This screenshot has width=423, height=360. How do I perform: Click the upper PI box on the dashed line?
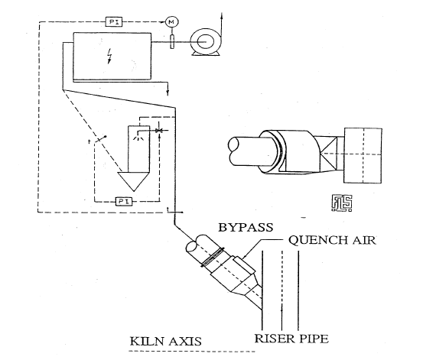point(114,21)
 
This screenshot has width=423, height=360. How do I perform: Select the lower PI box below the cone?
point(124,201)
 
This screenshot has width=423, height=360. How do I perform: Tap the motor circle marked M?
point(171,22)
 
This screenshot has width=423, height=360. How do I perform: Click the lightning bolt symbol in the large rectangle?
point(109,56)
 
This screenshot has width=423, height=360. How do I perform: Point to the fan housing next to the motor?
point(206,42)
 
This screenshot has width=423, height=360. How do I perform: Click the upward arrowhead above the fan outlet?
point(222,15)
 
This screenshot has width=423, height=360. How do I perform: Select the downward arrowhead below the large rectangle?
point(168,92)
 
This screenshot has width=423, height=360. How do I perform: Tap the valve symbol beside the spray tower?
point(158,131)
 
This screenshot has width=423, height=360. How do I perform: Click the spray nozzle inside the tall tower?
point(138,138)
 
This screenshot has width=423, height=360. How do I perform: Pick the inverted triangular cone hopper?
point(134,180)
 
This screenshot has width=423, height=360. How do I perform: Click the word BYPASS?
point(246,227)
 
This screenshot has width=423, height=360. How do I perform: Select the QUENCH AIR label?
point(332,240)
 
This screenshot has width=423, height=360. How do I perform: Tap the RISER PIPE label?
point(291,339)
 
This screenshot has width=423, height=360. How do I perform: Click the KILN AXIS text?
point(166,342)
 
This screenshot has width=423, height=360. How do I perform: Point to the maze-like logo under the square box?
point(342,203)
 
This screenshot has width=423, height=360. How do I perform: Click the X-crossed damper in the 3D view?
point(328,154)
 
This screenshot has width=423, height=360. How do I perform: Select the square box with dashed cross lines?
point(363,156)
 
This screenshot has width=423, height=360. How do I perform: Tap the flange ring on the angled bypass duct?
point(213,257)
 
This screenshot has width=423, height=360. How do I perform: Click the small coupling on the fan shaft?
point(172,42)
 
